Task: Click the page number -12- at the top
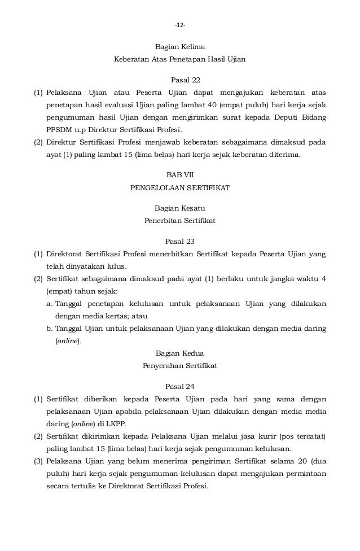(180, 25)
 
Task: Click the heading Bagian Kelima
(180, 46)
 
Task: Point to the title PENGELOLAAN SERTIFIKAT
(180, 187)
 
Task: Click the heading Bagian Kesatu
(180, 208)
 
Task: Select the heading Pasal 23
(180, 241)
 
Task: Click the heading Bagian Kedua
(180, 353)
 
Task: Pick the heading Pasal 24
(180, 387)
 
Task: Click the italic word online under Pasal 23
(68, 341)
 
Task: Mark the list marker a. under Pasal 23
(50, 304)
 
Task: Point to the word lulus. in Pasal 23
(116, 266)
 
